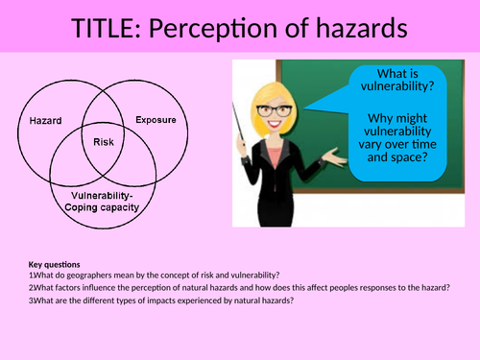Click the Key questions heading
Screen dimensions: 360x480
(54, 264)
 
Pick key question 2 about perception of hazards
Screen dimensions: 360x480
(240, 286)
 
